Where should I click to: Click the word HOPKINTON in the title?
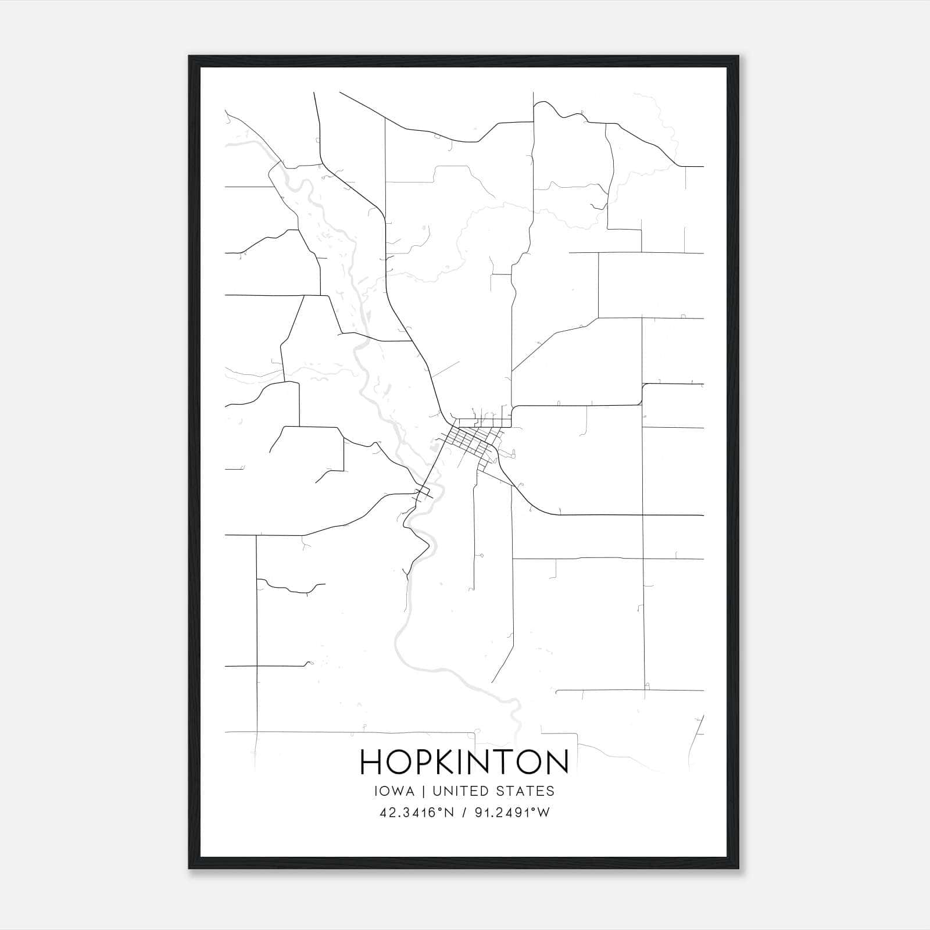pyautogui.click(x=464, y=761)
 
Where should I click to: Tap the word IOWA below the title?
pyautogui.click(x=395, y=791)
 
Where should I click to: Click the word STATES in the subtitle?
pyautogui.click(x=528, y=791)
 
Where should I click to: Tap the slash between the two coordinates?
pyautogui.click(x=463, y=813)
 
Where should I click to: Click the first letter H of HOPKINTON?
pyautogui.click(x=371, y=761)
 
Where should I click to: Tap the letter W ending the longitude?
pyautogui.click(x=544, y=813)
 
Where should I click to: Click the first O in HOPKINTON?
pyautogui.click(x=400, y=761)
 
